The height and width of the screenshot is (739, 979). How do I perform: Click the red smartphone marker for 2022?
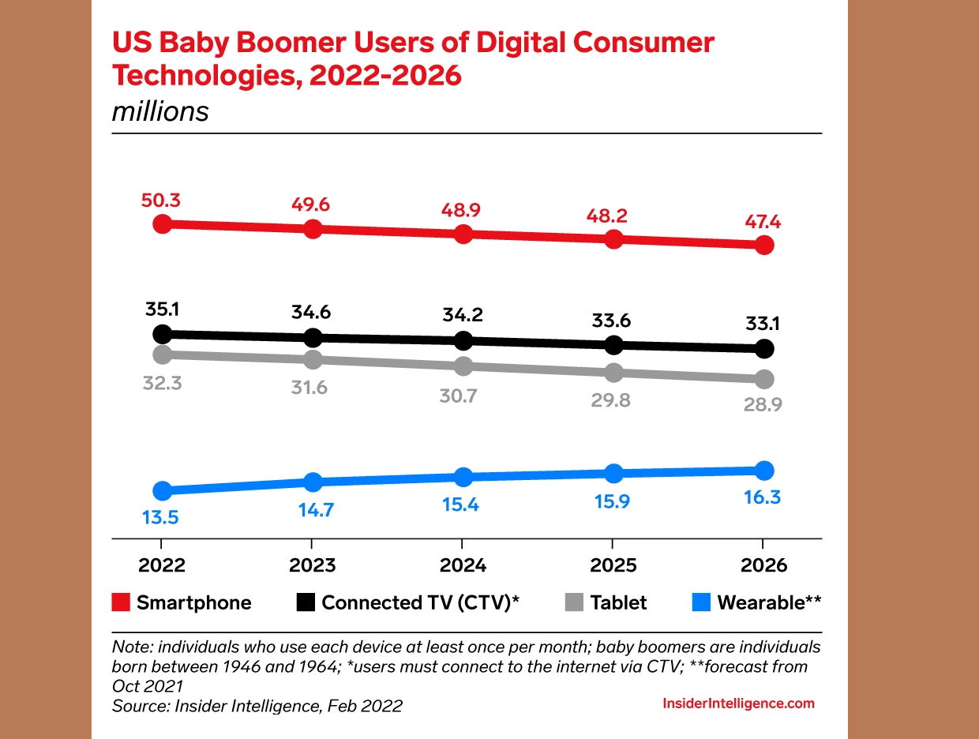[x=162, y=223]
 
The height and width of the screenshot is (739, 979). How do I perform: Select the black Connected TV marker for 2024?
[x=463, y=341]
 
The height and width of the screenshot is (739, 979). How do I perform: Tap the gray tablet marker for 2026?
[x=763, y=380]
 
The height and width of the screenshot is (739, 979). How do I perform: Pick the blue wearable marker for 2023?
[x=313, y=482]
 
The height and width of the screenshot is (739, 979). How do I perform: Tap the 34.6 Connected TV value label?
[x=313, y=312]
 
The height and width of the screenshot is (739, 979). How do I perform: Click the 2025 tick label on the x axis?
[x=613, y=566]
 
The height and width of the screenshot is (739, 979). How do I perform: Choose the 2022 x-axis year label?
[x=162, y=566]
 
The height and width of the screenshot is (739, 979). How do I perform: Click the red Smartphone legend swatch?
[x=121, y=603]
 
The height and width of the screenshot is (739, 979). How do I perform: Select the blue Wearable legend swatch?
[x=700, y=603]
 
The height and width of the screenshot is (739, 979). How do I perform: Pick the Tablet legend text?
[x=618, y=603]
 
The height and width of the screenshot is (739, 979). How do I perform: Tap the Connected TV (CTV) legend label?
[x=420, y=603]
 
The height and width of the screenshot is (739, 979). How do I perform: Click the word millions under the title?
[x=160, y=111]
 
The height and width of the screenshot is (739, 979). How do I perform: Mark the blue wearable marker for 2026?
[x=763, y=471]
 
